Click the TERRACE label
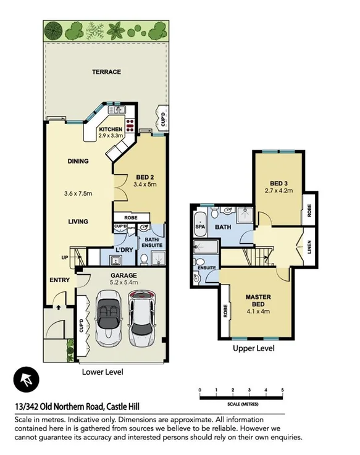click(106, 72)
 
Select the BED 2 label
click(144, 178)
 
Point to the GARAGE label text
click(123, 275)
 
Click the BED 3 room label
click(279, 183)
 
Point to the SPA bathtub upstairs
click(200, 227)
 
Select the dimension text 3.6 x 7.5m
click(78, 193)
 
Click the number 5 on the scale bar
click(282, 390)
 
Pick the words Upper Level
click(253, 348)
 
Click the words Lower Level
click(103, 372)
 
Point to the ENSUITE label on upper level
click(206, 267)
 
